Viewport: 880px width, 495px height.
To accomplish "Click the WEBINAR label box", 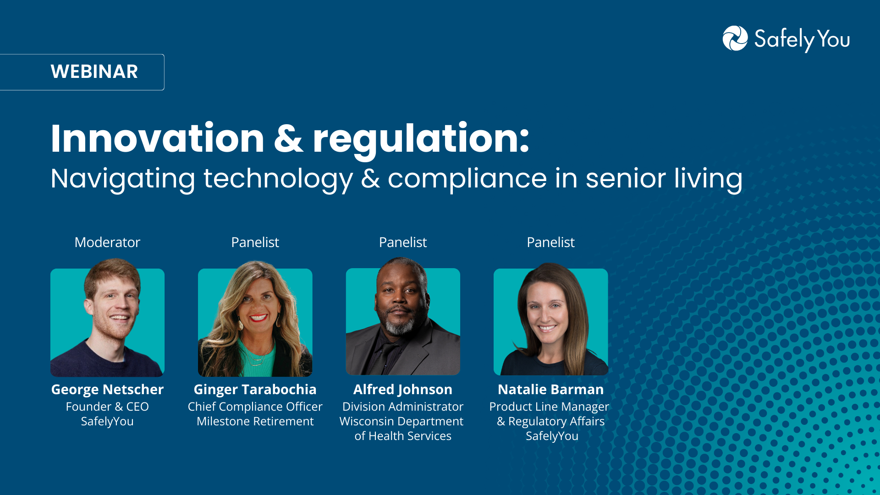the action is pos(82,72).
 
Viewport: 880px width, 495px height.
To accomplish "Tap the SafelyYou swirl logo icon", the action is pos(735,38).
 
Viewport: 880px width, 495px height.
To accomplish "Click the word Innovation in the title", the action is pos(157,138).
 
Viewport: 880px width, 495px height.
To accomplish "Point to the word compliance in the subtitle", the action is pos(467,179).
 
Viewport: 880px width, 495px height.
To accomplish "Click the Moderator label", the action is pos(107,242).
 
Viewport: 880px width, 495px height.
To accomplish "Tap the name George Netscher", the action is pos(107,390).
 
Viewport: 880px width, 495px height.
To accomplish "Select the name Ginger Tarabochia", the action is pos(255,390).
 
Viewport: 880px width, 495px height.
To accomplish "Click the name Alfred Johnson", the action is pos(403,390).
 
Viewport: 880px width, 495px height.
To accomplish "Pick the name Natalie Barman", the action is pos(551,389).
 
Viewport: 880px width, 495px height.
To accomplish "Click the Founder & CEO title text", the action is pos(107,407).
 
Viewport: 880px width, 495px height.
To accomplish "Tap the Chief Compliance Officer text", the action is pos(255,407).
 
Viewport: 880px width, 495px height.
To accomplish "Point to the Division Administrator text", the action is pos(403,407).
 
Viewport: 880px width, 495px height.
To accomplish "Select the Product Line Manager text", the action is pos(549,407).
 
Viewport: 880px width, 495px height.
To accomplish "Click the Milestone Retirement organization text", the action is pos(255,421).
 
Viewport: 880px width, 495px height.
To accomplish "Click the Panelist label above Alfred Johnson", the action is pos(403,242).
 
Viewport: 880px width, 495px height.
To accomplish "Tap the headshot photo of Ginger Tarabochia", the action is pos(255,319).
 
